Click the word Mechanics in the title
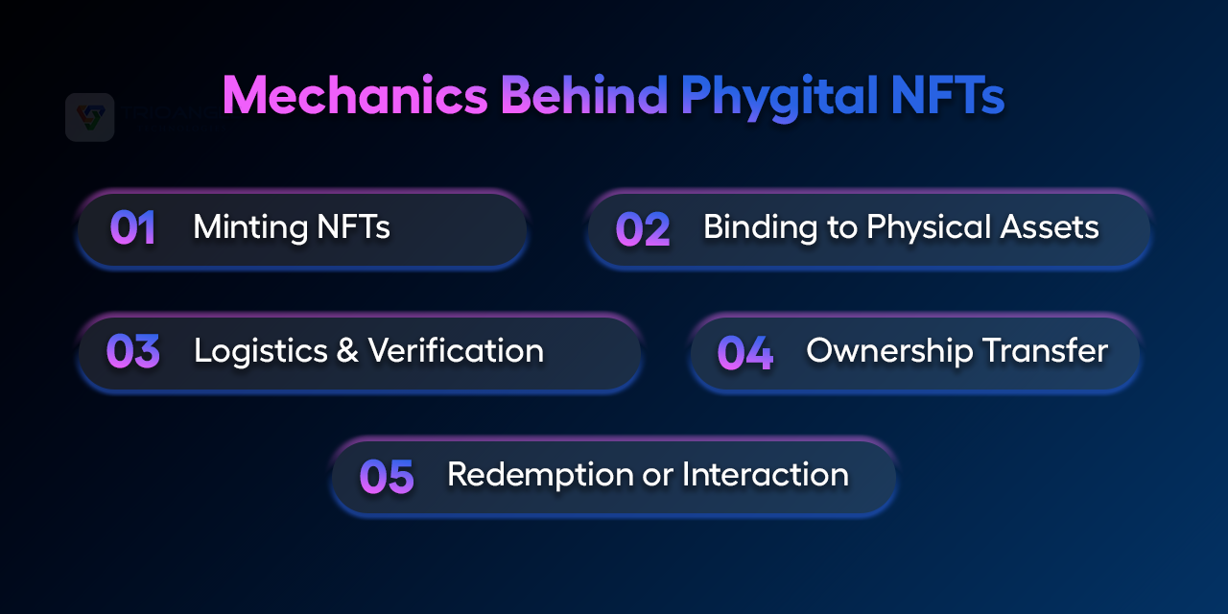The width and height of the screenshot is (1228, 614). [x=355, y=95]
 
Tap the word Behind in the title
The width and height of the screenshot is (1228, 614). [x=584, y=95]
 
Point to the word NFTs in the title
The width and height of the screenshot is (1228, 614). [x=948, y=95]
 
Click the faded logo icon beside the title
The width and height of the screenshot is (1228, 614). [x=90, y=117]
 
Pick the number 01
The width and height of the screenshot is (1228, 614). [x=132, y=227]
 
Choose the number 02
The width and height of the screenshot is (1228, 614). [x=643, y=229]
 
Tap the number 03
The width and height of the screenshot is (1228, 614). [x=132, y=351]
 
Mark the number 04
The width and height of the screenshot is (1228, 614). [x=745, y=352]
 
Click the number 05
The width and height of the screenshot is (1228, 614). [x=387, y=476]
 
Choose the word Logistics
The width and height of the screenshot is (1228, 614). [x=261, y=351]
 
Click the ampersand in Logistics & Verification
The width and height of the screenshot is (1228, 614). [x=347, y=350]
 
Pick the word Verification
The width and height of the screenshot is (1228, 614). [x=456, y=350]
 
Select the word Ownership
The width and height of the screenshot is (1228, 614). [x=889, y=351]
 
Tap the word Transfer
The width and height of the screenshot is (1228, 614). [x=1045, y=350]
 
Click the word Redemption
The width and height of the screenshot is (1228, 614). [x=540, y=475]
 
